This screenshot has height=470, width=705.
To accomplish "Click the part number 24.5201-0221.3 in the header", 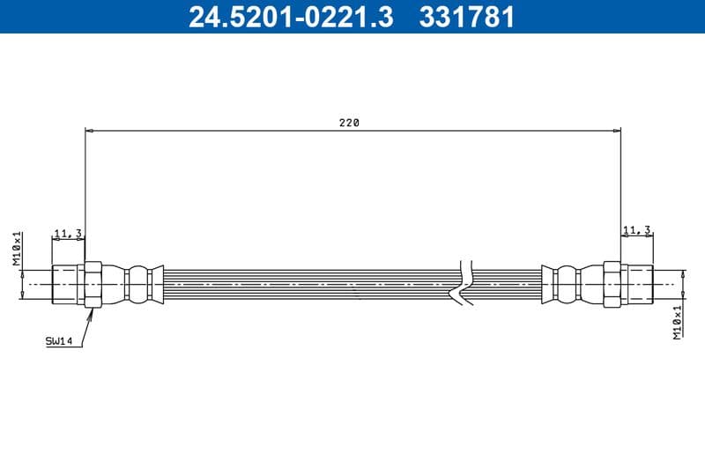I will pos(291,16).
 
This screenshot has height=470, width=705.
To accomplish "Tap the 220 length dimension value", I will pos(349,123).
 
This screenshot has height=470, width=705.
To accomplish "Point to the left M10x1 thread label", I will pos(17,248).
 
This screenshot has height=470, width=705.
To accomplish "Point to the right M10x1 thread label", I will pos(677,322).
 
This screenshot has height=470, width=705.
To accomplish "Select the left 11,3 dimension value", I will pos(68,233).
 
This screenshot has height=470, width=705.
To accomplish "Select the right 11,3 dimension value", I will pos(636,229).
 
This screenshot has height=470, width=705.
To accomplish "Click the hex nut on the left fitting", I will pos(93,285).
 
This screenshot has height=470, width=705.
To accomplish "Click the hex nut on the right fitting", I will pos(613,285).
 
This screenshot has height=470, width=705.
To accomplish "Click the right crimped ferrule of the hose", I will pos(565,285).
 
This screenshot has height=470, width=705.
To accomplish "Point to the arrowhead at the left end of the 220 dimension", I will pos(90,131).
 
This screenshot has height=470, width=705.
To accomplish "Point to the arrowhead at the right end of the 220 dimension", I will pos(616,131).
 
